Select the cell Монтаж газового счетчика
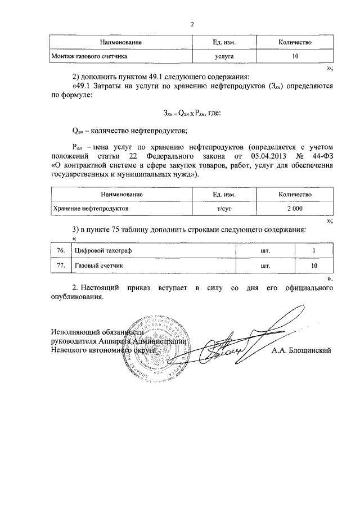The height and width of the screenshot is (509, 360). tap(90, 57)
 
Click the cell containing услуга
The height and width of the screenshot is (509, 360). tap(224, 57)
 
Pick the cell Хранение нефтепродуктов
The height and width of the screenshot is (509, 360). tap(91, 209)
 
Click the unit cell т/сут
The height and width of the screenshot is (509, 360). tap(224, 209)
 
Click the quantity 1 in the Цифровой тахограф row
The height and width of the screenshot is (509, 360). tap(314, 250)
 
